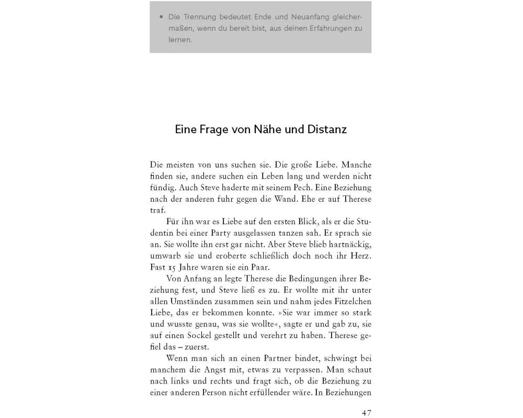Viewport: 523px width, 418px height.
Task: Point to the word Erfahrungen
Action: point(326,28)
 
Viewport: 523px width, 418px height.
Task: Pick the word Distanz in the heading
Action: point(326,129)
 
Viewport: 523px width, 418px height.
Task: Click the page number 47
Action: point(366,412)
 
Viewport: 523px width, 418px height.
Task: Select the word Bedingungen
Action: point(303,279)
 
